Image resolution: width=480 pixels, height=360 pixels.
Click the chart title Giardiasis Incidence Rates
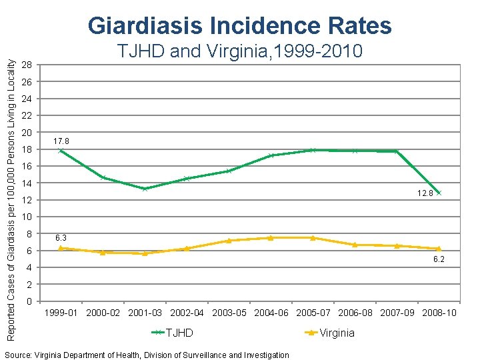coord(239,25)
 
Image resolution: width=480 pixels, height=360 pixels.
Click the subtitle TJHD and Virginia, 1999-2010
coord(239,51)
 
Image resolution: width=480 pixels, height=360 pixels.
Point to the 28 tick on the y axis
coord(25,65)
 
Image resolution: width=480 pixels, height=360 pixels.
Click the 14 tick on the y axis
coord(25,183)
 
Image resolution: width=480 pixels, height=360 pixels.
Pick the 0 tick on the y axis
coord(27,301)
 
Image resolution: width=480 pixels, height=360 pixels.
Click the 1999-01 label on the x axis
coord(61,313)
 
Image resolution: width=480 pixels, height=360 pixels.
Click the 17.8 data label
coord(61,141)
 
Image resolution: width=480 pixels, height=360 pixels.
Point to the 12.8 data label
coord(425,193)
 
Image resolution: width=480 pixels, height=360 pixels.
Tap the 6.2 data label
coord(439,259)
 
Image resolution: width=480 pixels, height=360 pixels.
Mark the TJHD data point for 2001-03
coord(145,189)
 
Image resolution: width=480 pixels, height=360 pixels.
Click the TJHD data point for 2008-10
coord(439,193)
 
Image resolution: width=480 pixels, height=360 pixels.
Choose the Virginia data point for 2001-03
coord(145,253)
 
